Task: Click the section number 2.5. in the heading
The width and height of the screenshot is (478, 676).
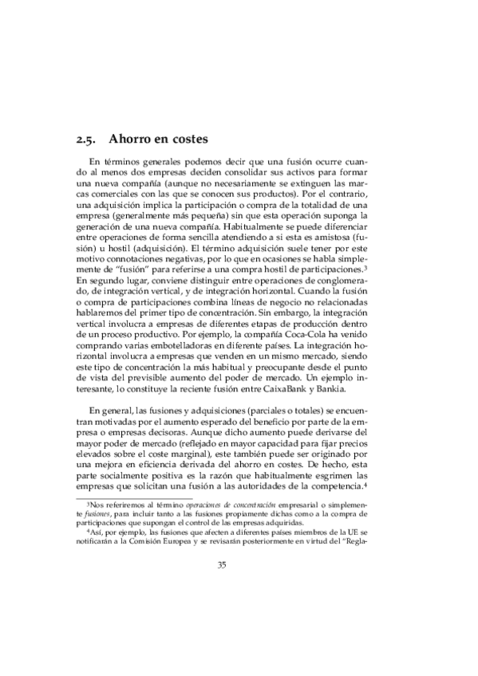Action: [85, 140]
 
